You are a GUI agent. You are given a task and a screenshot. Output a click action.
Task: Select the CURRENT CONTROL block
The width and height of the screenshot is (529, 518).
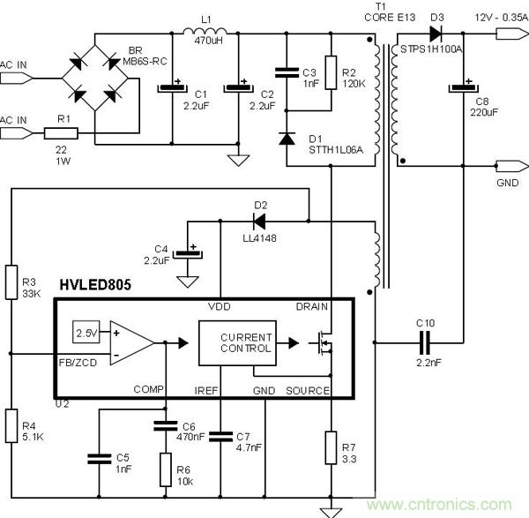point(235,342)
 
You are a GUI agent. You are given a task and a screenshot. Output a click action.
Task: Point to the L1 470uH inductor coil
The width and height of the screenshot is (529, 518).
point(205,34)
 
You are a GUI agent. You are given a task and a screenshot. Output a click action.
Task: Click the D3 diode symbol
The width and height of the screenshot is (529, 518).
point(435,34)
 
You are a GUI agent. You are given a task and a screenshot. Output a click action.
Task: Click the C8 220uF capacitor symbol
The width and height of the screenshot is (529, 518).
point(463,87)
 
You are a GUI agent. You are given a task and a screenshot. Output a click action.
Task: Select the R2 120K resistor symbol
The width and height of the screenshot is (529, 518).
point(329,72)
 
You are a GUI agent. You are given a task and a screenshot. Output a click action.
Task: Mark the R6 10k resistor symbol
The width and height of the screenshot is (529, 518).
point(165,469)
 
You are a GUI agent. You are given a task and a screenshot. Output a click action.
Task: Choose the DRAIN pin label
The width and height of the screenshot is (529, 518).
point(312,306)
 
